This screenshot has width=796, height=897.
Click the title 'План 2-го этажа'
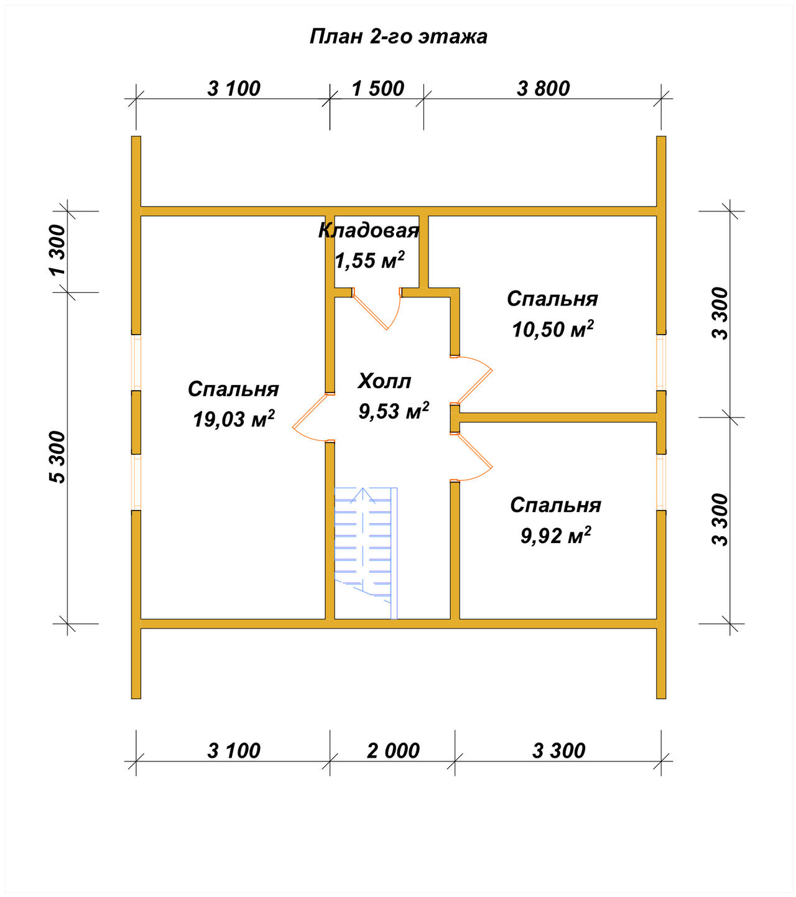398,36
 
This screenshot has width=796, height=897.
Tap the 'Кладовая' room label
368,231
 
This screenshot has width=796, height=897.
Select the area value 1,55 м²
369,260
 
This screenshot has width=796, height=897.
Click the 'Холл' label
384,381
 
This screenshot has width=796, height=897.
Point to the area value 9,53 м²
394,411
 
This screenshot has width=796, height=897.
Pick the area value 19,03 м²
234,419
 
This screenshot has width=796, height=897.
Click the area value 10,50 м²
552,329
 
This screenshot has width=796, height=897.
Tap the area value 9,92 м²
555,536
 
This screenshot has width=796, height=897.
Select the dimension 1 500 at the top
377,88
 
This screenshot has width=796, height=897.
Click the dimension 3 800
544,88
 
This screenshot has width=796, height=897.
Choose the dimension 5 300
58,457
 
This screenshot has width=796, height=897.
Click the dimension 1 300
58,250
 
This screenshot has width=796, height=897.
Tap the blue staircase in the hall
366,553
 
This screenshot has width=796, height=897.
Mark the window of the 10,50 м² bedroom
661,362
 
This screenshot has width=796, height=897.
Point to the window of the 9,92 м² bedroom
661,482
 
